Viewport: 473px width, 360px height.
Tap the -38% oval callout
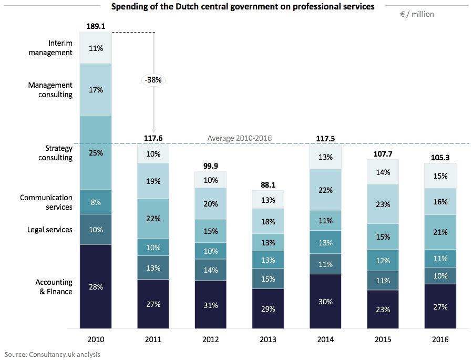[153, 80]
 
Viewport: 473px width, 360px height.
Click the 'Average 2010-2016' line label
[239, 138]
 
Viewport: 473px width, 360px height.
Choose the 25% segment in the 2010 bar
[96, 153]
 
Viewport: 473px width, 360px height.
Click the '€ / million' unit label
[417, 14]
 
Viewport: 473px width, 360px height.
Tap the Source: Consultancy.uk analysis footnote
[52, 354]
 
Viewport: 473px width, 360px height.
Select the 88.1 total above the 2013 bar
[269, 184]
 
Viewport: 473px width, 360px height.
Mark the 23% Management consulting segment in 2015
[384, 204]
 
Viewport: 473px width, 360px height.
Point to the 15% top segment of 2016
[441, 176]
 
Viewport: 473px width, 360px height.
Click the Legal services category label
[49, 229]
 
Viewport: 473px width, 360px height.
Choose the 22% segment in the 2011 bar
[153, 218]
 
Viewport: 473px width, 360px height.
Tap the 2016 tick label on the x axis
[441, 340]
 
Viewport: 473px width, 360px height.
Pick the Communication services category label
[46, 202]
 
